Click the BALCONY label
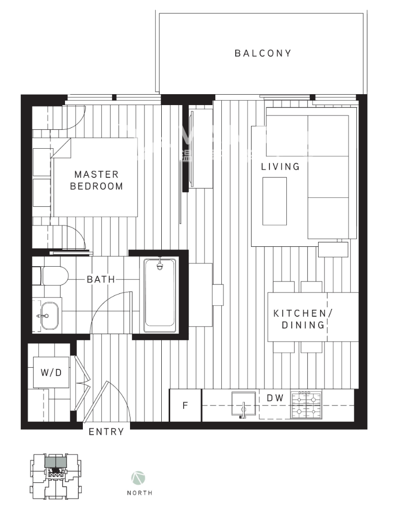pyautogui.click(x=263, y=53)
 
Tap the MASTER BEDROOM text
pyautogui.click(x=96, y=180)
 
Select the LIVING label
pyautogui.click(x=280, y=167)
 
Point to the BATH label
pyautogui.click(x=101, y=280)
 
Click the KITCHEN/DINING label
pyautogui.click(x=300, y=319)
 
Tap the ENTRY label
pyautogui.click(x=106, y=432)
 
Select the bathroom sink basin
pyautogui.click(x=49, y=316)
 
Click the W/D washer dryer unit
pyautogui.click(x=51, y=372)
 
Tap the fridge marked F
pyautogui.click(x=185, y=405)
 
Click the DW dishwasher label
pyautogui.click(x=275, y=398)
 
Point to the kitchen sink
pyautogui.click(x=243, y=404)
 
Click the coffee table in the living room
pyautogui.click(x=274, y=201)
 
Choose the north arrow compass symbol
pyautogui.click(x=138, y=478)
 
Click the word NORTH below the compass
pyautogui.click(x=139, y=493)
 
